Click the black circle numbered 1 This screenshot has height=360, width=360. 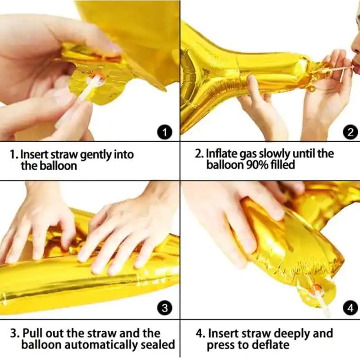[x=165, y=132]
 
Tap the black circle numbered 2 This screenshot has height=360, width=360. [x=351, y=132]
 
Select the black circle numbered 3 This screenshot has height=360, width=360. [x=165, y=308]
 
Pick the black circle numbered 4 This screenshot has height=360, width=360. [x=351, y=308]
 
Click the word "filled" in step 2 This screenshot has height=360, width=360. [x=283, y=165]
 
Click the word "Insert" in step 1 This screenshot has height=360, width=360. [x=35, y=155]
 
